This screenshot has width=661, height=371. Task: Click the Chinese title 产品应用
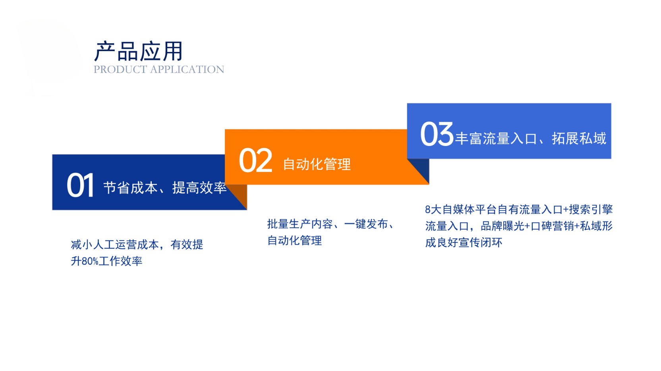click(x=138, y=51)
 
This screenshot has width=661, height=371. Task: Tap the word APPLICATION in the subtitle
click(x=187, y=69)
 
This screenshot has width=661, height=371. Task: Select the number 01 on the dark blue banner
click(x=80, y=186)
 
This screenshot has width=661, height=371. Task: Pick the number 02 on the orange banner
click(x=255, y=161)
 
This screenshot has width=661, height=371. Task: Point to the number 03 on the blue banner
click(x=437, y=135)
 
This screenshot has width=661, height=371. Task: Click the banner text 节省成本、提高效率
click(x=165, y=188)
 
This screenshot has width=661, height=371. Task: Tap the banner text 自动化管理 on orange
click(x=317, y=164)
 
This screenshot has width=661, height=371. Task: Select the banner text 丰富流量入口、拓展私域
click(x=531, y=138)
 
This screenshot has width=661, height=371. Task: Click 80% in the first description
click(x=90, y=261)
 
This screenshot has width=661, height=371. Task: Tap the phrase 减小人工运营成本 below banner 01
click(x=115, y=245)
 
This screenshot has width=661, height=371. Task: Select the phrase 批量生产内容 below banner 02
click(x=300, y=224)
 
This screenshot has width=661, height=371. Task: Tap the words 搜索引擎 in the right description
click(x=591, y=210)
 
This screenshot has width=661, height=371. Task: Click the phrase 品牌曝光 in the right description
click(x=503, y=226)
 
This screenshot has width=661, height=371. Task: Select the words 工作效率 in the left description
click(x=120, y=261)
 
